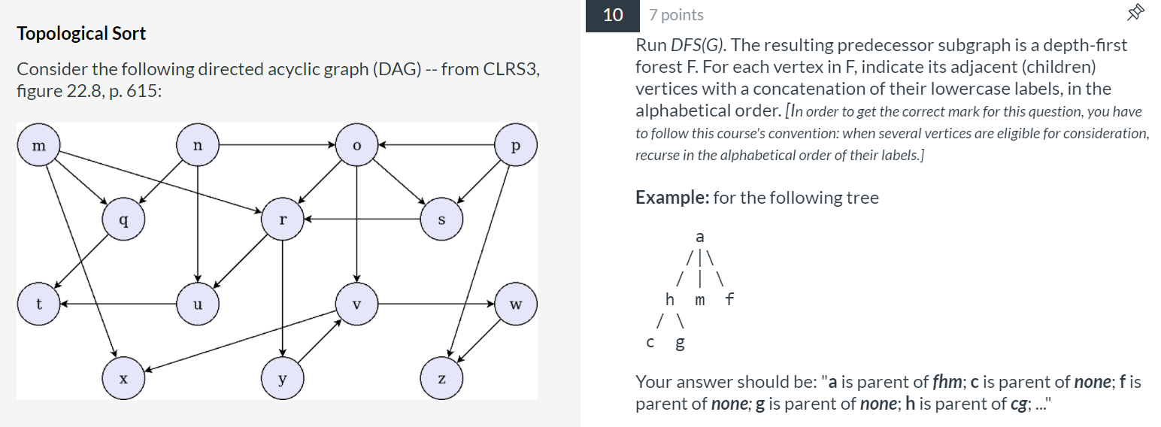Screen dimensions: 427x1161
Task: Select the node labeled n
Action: pos(197,145)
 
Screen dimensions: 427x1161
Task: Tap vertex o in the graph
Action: pos(357,145)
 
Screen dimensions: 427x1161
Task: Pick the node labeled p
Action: pos(516,145)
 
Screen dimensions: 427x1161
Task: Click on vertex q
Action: pos(124,220)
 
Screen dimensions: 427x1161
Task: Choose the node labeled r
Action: pos(283,220)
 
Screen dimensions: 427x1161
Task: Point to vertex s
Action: pos(441,220)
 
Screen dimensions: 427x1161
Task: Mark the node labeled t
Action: pos(38,304)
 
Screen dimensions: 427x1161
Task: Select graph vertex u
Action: pos(197,304)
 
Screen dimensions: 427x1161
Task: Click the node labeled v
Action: pos(357,304)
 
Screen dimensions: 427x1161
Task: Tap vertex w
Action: pos(516,304)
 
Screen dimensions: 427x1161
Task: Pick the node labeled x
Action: pos(124,379)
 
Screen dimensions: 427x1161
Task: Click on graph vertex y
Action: pos(283,379)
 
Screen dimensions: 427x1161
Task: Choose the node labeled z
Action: pos(441,379)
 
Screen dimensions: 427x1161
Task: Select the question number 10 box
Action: pos(613,15)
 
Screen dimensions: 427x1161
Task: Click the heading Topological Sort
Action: pos(81,34)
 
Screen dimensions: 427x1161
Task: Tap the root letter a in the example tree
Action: pos(700,236)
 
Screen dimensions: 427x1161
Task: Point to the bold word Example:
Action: pos(672,198)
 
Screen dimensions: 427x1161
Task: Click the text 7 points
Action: pos(676,15)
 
